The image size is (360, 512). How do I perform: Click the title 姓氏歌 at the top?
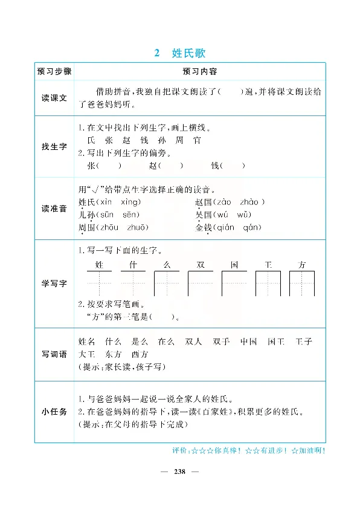click(189, 53)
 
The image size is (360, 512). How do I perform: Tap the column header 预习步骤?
click(54, 71)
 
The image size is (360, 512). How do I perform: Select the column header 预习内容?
click(200, 71)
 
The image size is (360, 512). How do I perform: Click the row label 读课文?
click(54, 97)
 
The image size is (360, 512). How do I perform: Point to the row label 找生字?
click(54, 147)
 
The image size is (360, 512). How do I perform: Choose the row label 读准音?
click(54, 209)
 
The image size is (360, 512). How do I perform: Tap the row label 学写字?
click(54, 284)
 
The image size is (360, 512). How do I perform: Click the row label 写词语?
click(54, 354)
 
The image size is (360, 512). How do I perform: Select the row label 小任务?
click(54, 412)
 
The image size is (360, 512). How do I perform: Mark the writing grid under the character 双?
click(201, 284)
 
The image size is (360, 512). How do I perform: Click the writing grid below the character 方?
click(302, 284)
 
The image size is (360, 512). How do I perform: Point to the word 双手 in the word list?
click(222, 342)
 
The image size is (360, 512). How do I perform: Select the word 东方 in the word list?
click(113, 354)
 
